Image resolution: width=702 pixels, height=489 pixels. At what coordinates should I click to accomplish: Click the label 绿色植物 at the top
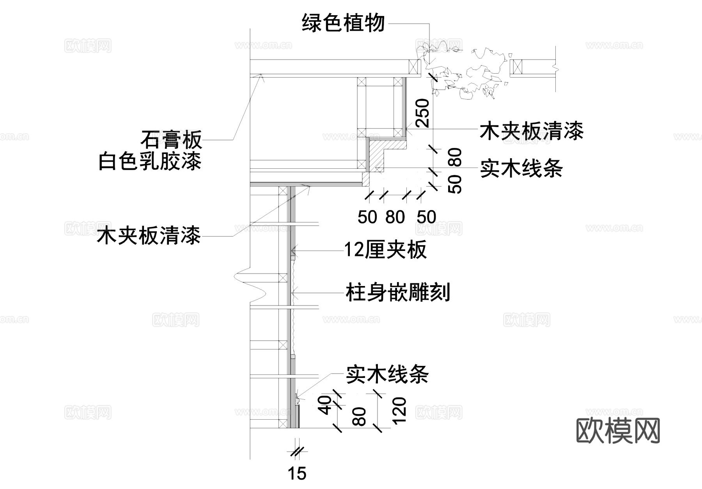coord(343,23)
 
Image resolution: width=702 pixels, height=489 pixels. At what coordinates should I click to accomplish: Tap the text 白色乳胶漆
coord(150,162)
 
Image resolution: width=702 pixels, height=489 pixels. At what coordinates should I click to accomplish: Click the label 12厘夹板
coord(385,250)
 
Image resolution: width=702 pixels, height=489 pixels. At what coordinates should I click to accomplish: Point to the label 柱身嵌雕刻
coord(398,293)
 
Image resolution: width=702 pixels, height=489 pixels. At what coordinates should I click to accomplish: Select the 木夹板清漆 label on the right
coord(531,131)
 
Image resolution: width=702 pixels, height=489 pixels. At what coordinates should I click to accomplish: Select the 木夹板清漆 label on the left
coord(149,236)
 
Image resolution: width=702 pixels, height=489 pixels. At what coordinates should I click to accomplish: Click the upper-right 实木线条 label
coord(521,169)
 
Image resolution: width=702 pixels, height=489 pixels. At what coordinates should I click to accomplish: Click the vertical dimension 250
coord(423,113)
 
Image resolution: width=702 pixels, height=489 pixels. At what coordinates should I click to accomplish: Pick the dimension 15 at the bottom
coord(297,474)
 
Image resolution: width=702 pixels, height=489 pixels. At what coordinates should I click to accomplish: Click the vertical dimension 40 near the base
coord(325,405)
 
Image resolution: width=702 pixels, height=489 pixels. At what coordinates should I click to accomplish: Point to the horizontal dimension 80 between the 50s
coord(395,217)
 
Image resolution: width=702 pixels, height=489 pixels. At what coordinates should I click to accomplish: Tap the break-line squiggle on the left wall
coord(250,286)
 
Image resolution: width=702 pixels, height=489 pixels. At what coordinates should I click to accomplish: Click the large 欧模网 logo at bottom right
coord(618,431)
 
